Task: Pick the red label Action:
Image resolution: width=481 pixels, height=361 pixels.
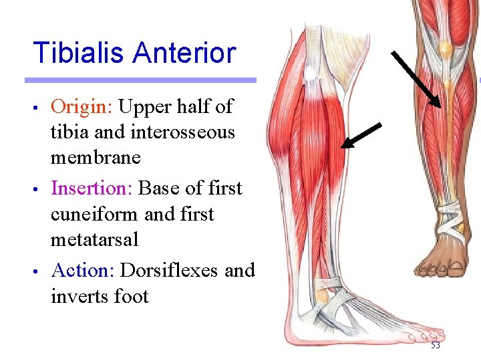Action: [83, 271]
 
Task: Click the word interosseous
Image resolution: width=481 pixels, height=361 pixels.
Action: [182, 132]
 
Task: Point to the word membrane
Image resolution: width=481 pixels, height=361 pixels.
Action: [96, 158]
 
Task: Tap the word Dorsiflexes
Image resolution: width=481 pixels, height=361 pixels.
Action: [170, 271]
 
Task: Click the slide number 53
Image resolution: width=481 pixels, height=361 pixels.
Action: [435, 346]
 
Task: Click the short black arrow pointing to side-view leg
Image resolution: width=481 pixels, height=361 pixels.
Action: [361, 134]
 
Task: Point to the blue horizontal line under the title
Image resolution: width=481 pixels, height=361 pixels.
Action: [140, 80]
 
